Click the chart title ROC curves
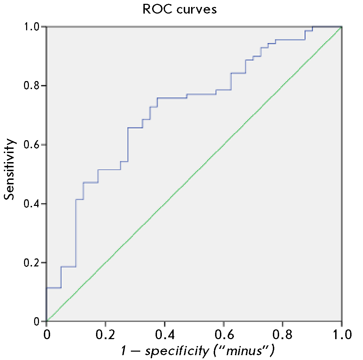click(x=180, y=9)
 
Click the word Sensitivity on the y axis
click(x=10, y=169)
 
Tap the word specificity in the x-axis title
click(x=176, y=350)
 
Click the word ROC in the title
click(x=156, y=9)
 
